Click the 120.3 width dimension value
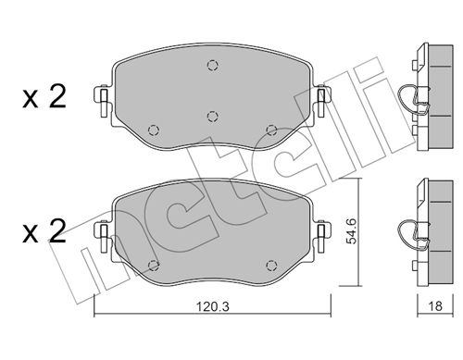click(x=213, y=306)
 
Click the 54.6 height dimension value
click(x=352, y=231)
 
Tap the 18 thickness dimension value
click(x=435, y=306)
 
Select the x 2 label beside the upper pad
click(x=44, y=97)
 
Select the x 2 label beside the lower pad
click(x=44, y=231)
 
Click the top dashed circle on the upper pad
click(x=212, y=66)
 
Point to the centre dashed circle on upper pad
click(x=212, y=117)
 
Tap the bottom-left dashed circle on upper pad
click(x=154, y=130)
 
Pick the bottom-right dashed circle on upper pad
click(x=271, y=130)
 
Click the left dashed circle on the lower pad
click(x=154, y=266)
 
